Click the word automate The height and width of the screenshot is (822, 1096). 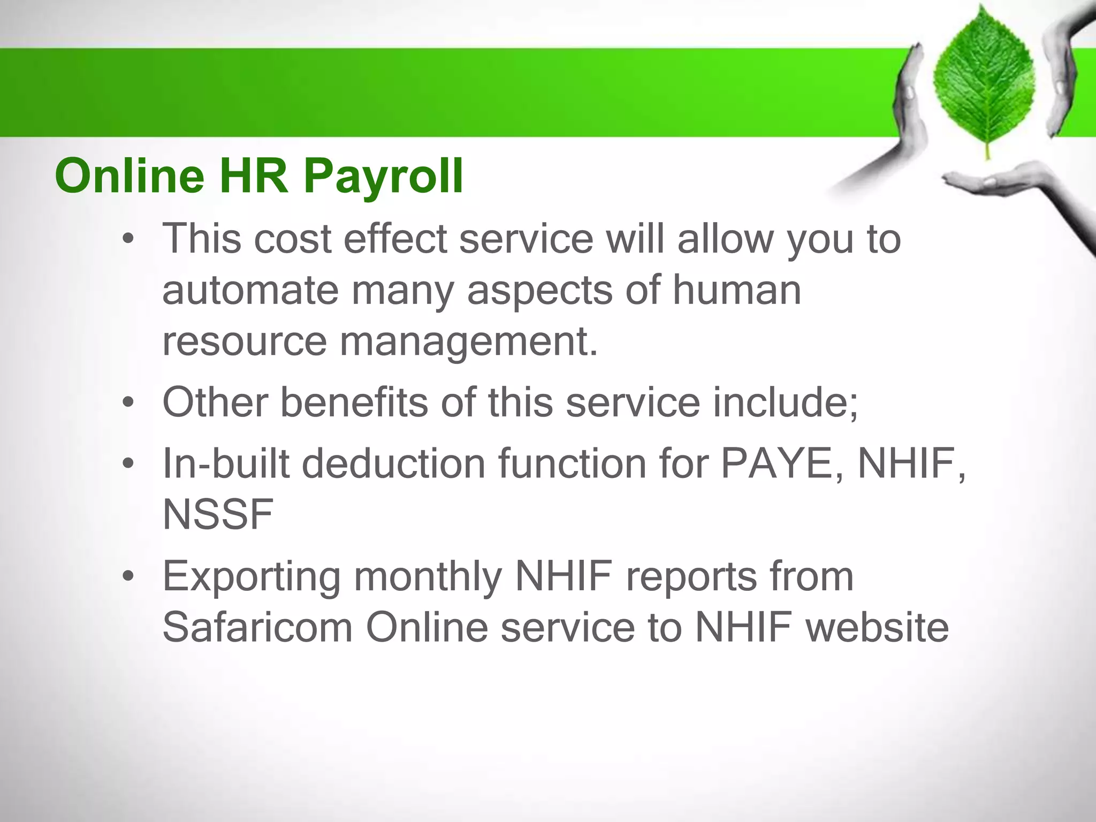tap(250, 290)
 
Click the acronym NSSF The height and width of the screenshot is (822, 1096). tap(218, 514)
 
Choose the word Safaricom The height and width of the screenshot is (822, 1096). tap(257, 627)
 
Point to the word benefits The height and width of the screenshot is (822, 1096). tap(354, 402)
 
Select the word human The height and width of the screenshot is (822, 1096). tap(736, 290)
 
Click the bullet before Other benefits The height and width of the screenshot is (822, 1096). tap(127, 403)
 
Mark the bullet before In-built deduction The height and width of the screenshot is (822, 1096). tap(127, 463)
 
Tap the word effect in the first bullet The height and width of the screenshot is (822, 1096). tap(395, 239)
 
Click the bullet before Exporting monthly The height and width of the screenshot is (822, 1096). tap(127, 577)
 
